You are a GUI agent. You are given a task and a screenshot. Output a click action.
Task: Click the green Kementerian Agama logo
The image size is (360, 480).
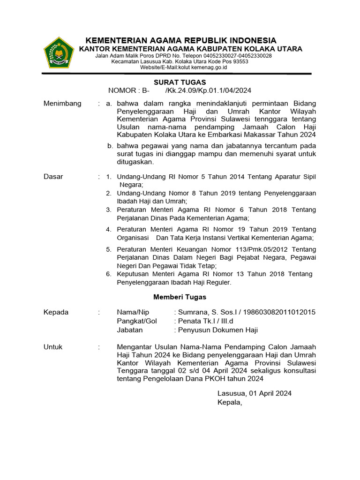59,52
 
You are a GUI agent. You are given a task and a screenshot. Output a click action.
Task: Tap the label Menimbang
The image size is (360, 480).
62,103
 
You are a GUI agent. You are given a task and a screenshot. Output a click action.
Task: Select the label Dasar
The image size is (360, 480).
53,177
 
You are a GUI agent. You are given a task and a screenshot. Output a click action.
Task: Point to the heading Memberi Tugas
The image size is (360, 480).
180,297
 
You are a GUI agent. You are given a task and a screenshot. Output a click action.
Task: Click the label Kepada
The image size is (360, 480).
56,312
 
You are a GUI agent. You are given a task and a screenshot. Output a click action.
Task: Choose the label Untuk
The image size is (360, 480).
53,347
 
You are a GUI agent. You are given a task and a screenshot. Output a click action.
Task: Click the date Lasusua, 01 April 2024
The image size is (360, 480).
254,393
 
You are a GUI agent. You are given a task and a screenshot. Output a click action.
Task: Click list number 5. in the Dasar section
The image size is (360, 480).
108,249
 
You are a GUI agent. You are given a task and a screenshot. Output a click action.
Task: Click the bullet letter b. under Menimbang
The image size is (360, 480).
110,146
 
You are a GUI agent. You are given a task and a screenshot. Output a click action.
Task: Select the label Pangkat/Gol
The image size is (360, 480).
137,321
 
